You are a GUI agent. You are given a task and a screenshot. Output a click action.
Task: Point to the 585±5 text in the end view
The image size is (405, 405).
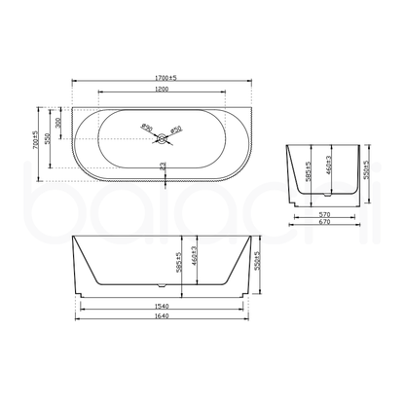(308, 171)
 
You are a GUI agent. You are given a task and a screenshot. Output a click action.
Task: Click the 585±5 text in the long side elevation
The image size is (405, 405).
(178, 262)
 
